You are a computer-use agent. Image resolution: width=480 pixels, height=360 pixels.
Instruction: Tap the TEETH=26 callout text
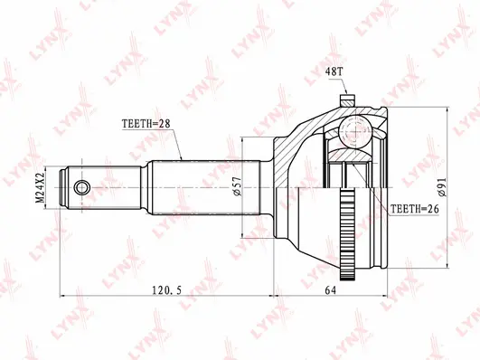click(x=417, y=209)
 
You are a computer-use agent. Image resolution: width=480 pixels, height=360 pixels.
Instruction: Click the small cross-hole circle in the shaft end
click(x=82, y=187)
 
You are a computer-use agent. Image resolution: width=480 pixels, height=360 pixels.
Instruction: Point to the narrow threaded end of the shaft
click(x=83, y=186)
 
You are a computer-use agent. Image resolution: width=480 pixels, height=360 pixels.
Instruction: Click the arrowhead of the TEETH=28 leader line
click(x=183, y=159)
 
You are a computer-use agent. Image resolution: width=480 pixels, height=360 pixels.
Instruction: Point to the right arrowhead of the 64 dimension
click(x=387, y=295)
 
